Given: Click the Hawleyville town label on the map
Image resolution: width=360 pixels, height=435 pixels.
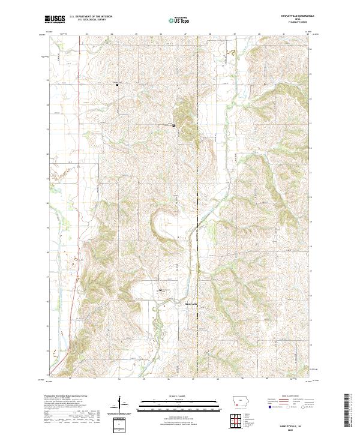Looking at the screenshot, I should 190,303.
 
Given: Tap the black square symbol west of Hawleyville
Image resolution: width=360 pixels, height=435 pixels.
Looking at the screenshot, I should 160,291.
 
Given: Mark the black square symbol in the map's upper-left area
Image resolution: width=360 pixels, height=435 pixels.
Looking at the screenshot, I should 117,85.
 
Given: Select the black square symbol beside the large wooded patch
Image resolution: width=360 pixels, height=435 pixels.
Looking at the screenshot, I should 174,125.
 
